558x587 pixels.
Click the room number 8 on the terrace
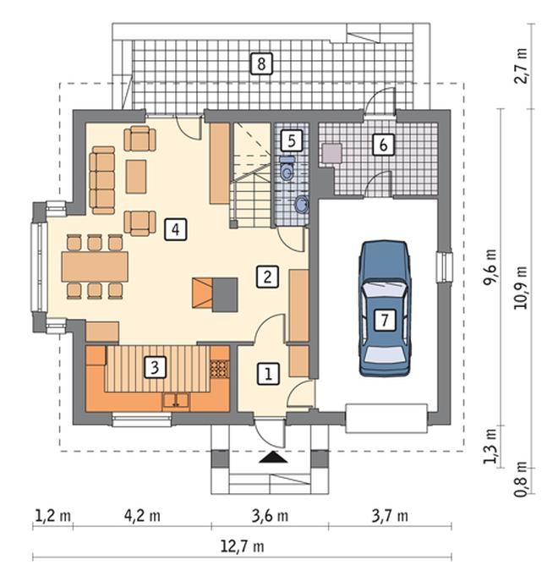coord(261,63)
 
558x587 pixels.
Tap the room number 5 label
coord(292,140)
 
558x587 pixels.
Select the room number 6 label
coord(383,144)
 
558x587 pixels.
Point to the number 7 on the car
coord(385,320)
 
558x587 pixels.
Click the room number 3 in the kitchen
coord(155,367)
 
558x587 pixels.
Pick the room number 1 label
coord(268,374)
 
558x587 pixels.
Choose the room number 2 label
coord(267,277)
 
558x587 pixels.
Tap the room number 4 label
coord(176,229)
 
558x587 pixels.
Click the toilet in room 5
coord(287,168)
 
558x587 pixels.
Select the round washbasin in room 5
coord(301,205)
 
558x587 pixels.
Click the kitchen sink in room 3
coord(176,401)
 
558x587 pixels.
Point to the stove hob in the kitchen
coord(219,368)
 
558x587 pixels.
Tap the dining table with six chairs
coord(95,266)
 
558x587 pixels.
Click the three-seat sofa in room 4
coord(101,180)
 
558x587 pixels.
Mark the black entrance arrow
coord(274,457)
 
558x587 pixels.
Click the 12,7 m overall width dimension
coord(242,546)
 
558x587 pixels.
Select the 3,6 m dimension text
coord(270,516)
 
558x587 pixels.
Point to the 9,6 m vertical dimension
coord(490,267)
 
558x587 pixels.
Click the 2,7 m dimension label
coord(520,66)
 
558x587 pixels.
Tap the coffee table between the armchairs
coord(136,176)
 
